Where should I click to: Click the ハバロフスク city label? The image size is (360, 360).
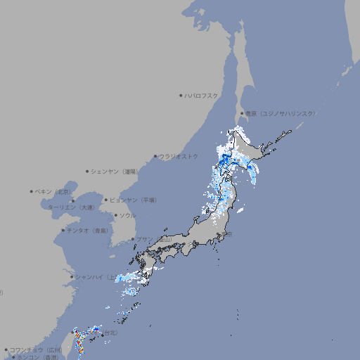201,95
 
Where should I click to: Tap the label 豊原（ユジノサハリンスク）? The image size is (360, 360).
280,113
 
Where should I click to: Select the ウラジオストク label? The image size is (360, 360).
179,156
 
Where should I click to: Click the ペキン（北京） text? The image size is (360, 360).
53,191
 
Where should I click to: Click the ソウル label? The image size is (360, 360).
127,215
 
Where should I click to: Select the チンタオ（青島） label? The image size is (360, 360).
87,230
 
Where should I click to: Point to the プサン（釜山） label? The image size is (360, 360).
153,239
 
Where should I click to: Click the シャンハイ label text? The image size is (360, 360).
91,276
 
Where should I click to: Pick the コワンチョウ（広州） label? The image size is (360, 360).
36,349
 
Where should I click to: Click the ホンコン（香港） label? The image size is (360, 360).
38,357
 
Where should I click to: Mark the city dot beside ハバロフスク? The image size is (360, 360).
181,95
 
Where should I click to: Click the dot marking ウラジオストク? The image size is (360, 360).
155,156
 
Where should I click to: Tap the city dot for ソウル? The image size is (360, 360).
115,215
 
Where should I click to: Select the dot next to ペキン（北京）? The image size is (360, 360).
32,191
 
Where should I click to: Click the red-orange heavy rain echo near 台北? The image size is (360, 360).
79,344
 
